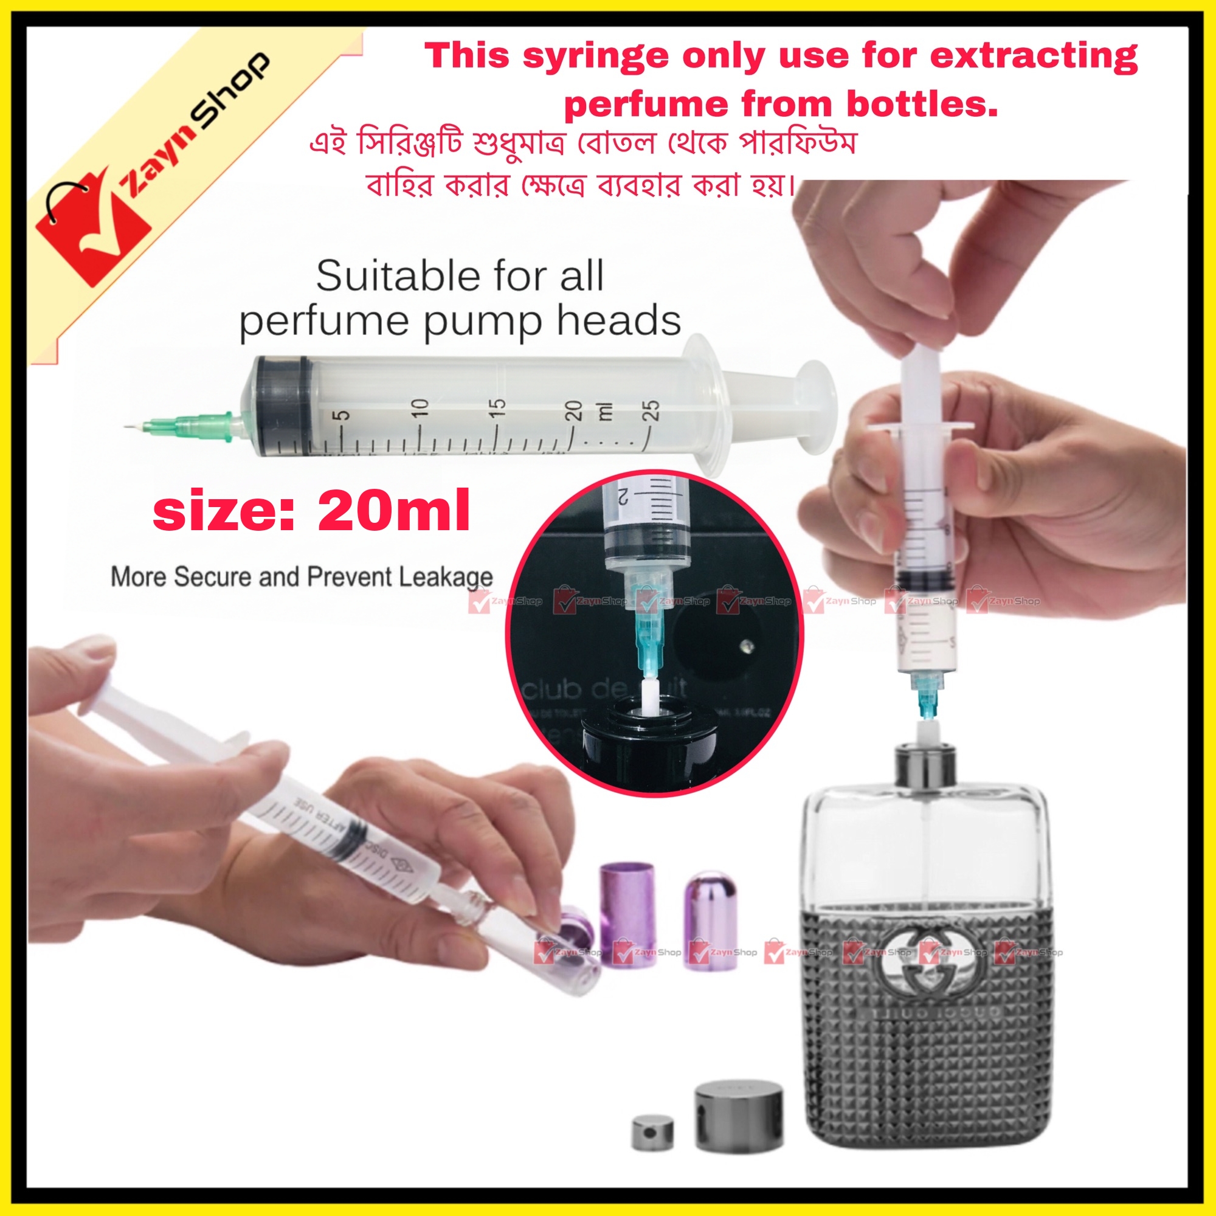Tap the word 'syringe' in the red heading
coord(594,57)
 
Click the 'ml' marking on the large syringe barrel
coord(606,410)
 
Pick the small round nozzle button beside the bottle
coord(652,1132)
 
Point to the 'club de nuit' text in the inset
coord(604,689)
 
